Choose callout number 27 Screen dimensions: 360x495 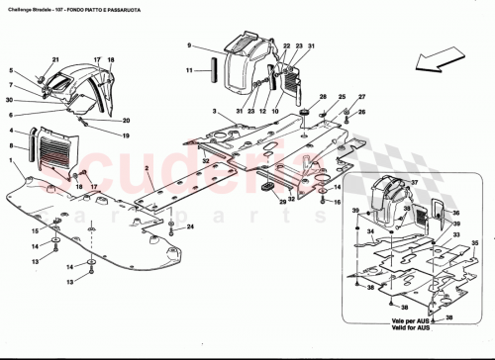point(361,96)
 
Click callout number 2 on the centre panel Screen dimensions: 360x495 point(146,169)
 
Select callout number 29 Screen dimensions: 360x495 point(281,202)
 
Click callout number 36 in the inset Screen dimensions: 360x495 point(457,211)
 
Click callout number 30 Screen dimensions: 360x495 point(8,99)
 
